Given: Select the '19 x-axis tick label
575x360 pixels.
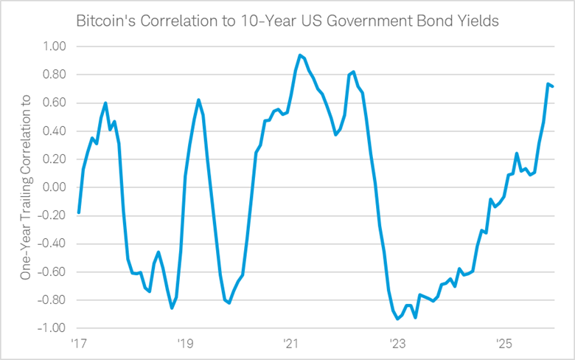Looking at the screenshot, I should [184, 344].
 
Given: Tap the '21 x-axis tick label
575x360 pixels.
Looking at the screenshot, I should [290, 344].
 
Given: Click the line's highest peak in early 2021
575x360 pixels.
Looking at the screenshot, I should [300, 55].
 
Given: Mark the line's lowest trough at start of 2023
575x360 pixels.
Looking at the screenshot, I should [398, 319].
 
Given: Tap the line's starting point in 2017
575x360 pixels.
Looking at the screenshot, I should [78, 213].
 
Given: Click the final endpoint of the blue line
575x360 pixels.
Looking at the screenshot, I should [553, 86].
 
